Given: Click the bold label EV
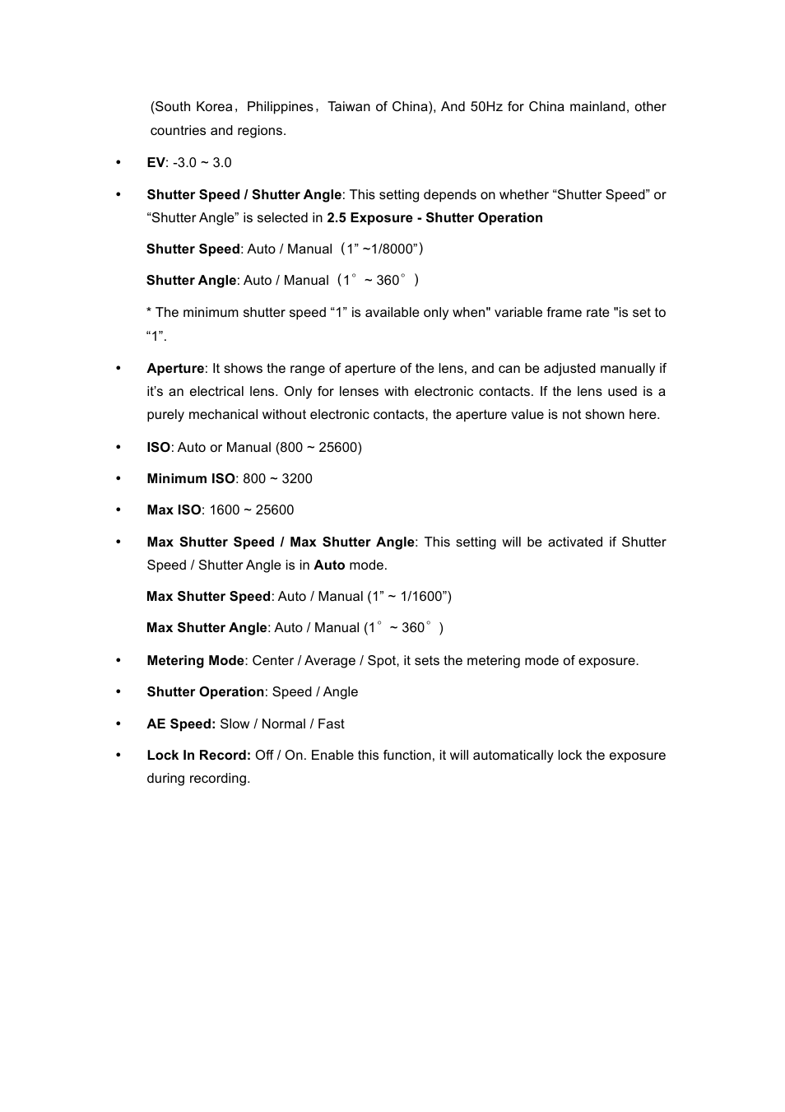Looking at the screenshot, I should point(156,163).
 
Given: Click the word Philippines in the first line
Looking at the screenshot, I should point(280,107).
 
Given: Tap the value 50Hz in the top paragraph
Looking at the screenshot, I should point(485,107).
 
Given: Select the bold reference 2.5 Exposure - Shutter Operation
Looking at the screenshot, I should point(434,218).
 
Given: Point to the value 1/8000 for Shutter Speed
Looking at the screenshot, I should point(392,249).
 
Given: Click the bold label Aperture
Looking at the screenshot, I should point(175,369).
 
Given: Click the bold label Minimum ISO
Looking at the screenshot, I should point(191,479).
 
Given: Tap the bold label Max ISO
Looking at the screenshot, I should point(174,510).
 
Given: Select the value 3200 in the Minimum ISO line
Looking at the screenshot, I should point(297,479).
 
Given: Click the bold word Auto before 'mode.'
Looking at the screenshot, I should point(329,565).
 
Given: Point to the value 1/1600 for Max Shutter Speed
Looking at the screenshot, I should point(422,597).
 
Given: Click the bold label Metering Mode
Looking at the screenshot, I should point(195,661).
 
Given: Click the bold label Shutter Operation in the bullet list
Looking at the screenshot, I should point(206,692).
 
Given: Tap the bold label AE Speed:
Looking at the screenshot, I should point(181,724).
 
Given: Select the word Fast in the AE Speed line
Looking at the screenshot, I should point(331,724).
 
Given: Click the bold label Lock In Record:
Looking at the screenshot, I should point(198,756).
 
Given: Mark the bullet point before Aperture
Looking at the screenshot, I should point(118,369).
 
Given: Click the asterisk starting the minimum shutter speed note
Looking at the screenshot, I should point(149,312).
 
